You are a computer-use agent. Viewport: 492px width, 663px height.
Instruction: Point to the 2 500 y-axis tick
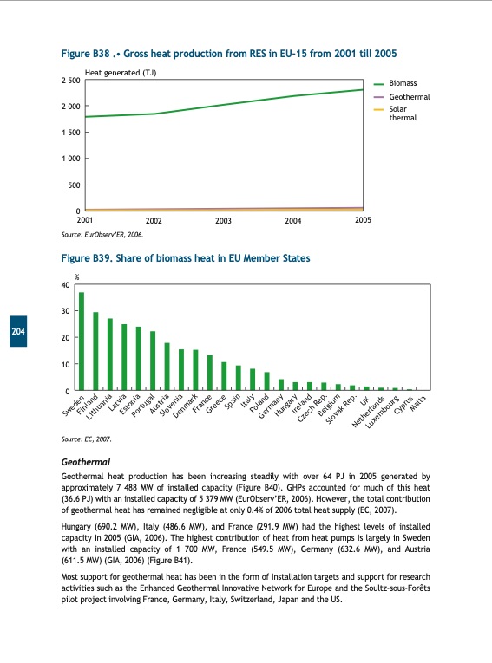tap(70, 81)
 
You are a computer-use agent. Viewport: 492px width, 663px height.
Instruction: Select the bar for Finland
tap(95, 351)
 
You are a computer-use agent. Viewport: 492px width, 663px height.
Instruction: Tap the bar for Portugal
tap(153, 361)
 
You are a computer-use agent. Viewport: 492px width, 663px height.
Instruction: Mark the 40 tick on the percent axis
tap(66, 285)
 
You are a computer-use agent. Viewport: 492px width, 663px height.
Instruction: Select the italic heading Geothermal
tap(86, 463)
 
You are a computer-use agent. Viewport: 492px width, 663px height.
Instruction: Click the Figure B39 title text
tap(186, 258)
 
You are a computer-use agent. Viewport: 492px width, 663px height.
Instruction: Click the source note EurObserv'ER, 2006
tap(102, 234)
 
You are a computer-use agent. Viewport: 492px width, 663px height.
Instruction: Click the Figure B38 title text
tap(229, 54)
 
